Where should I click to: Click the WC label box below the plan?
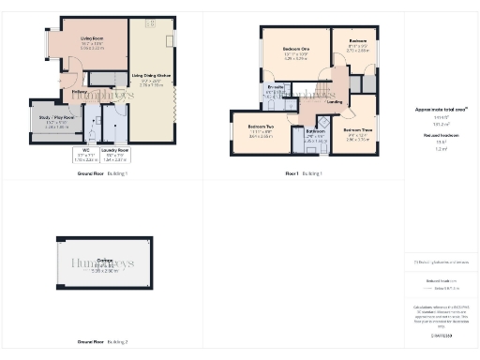click(84, 157)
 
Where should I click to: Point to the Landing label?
click(333, 101)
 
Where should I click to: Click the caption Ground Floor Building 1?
click(102, 174)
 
